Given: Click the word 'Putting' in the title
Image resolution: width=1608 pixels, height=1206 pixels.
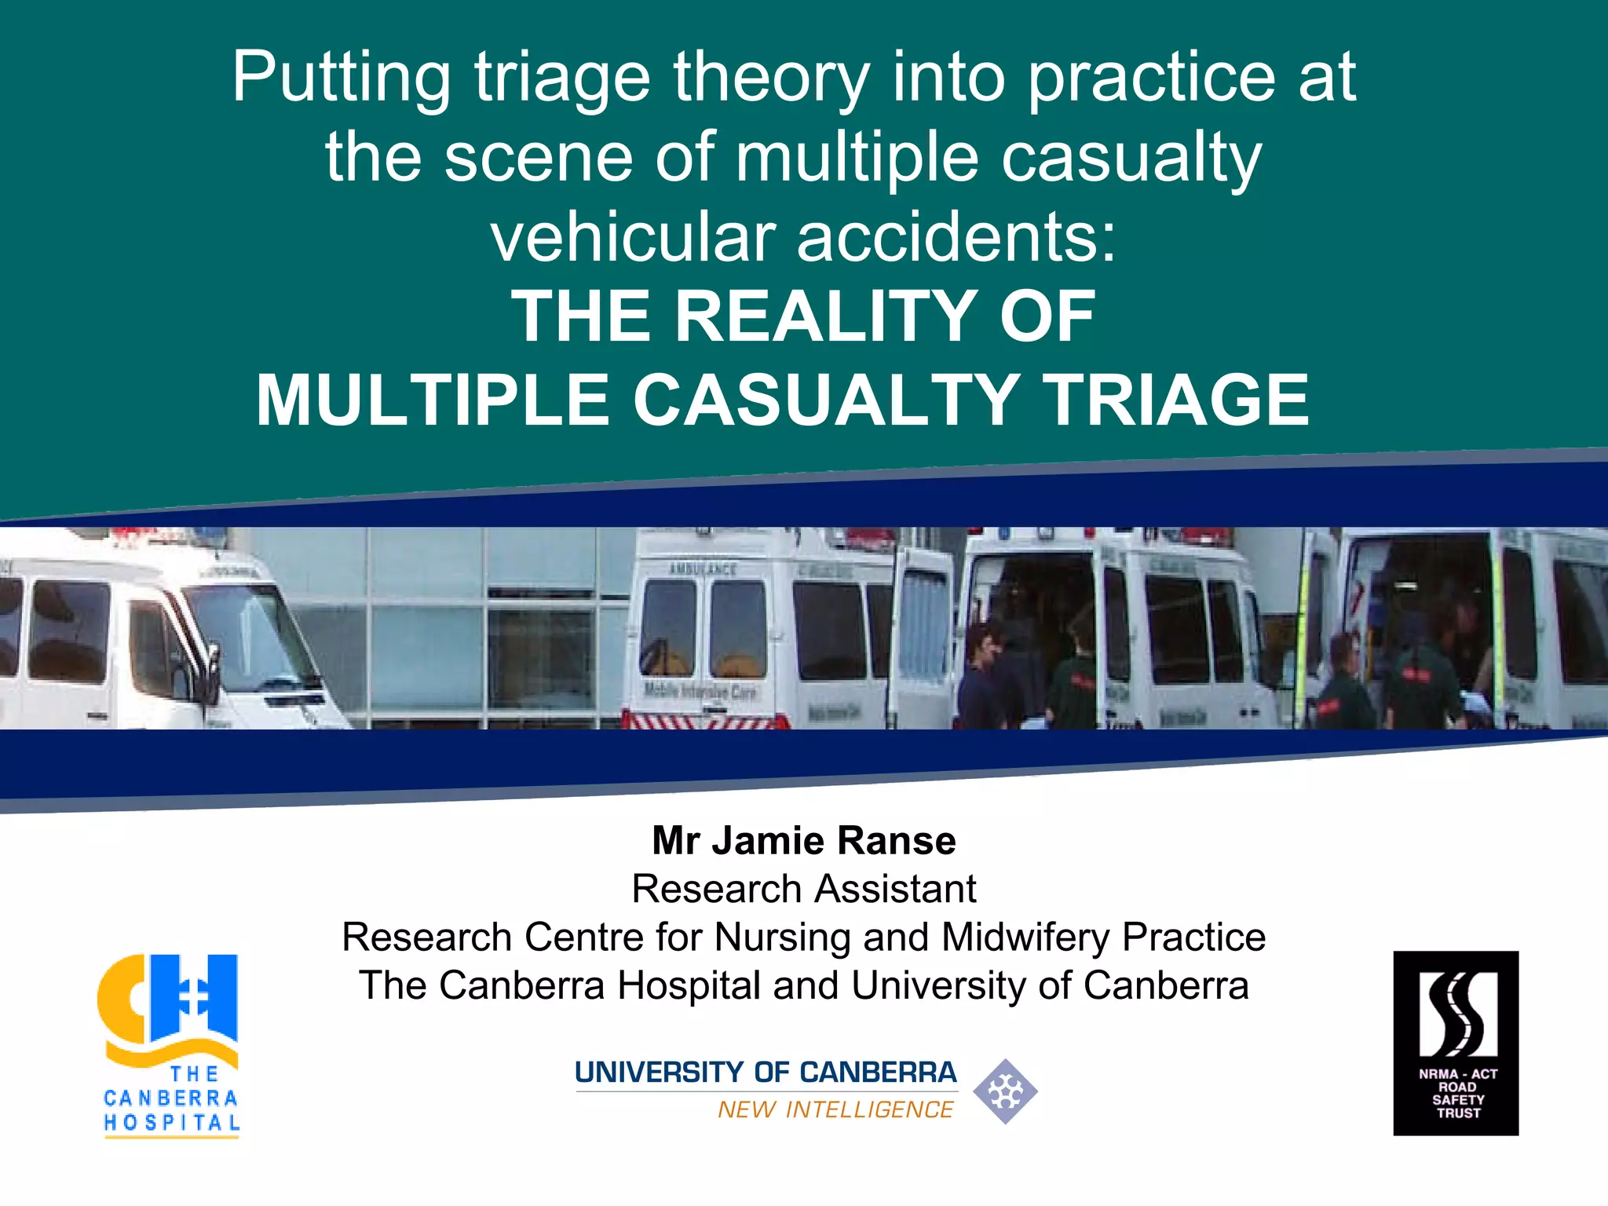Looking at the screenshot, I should [x=342, y=77].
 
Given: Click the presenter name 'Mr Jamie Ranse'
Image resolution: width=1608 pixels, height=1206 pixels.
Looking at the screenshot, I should [x=804, y=841].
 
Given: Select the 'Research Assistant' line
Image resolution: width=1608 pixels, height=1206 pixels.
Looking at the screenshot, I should [x=804, y=890].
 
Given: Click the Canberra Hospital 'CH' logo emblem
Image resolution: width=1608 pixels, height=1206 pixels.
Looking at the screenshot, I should [x=168, y=1001].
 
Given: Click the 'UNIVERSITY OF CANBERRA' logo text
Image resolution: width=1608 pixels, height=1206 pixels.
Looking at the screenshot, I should [x=766, y=1073].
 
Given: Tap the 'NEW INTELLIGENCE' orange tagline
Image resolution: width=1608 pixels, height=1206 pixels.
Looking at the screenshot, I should [x=835, y=1110].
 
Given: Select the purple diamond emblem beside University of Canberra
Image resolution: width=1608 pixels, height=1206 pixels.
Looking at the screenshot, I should [x=1005, y=1091].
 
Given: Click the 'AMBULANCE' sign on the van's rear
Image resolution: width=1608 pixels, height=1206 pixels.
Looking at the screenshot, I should [x=703, y=569].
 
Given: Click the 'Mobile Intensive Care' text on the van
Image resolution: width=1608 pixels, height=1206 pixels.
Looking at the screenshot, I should [x=700, y=691].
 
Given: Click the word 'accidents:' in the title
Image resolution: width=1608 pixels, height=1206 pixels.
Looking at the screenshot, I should [x=956, y=237].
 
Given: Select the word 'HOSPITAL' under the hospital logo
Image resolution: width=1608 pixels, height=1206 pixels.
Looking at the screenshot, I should [x=172, y=1123].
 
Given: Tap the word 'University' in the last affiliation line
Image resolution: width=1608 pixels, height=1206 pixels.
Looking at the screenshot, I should [x=938, y=986].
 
